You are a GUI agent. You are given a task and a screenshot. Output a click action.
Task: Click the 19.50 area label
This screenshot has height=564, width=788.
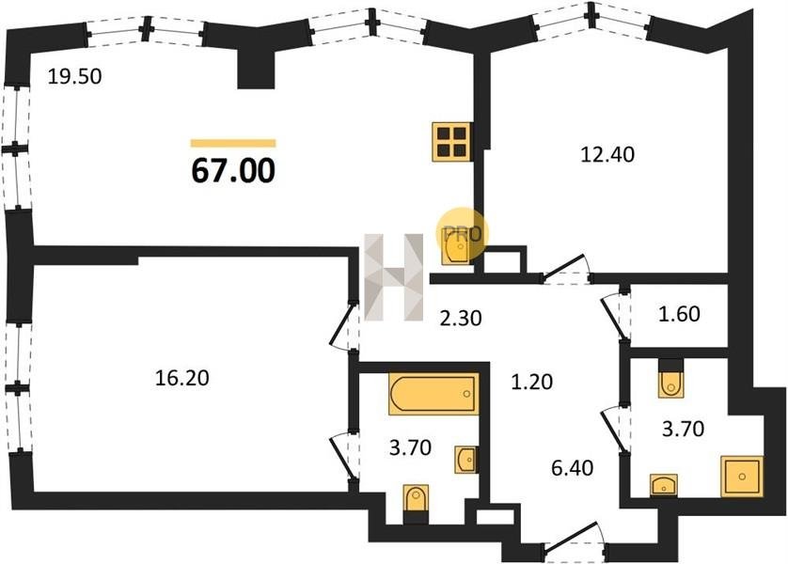(x=75, y=76)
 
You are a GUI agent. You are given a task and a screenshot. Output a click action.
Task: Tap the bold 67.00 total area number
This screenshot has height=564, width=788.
(x=234, y=170)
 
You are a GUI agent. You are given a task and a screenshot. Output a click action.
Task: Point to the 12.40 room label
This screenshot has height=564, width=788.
(x=607, y=154)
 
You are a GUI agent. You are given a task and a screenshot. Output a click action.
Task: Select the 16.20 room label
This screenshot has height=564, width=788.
(x=181, y=378)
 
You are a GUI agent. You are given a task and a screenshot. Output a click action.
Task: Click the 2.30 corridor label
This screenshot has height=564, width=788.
(x=461, y=318)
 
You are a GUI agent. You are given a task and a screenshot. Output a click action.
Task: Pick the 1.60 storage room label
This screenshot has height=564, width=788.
(x=679, y=314)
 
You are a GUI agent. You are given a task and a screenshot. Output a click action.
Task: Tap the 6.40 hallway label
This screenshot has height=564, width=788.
(x=572, y=468)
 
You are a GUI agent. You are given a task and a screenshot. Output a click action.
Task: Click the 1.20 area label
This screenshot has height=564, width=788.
(x=531, y=382)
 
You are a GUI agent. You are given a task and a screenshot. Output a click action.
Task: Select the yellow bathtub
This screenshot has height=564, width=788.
(x=433, y=394)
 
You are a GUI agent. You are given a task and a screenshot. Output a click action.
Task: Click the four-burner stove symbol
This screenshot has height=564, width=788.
(x=451, y=142)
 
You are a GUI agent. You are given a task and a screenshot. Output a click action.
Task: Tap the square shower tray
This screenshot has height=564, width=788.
(x=742, y=477)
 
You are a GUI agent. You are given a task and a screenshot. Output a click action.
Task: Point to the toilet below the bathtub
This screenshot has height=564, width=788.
(x=417, y=503)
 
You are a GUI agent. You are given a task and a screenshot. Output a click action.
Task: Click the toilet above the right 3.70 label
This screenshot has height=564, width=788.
(x=670, y=379)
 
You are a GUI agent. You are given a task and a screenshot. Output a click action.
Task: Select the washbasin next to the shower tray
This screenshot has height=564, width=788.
(x=663, y=485)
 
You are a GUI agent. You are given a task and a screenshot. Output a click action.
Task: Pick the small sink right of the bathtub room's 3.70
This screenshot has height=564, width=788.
(x=465, y=459)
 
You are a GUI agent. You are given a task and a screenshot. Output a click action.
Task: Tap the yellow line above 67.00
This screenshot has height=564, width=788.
(x=233, y=143)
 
